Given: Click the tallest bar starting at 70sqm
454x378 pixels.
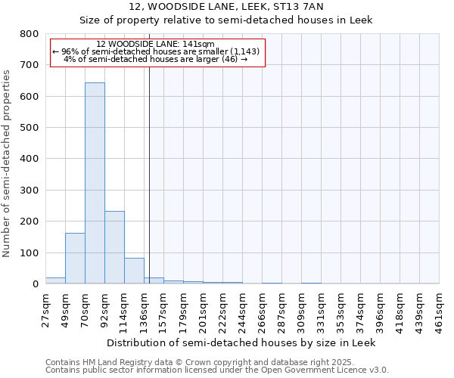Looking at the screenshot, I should (95, 183).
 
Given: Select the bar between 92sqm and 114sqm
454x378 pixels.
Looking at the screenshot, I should (114, 247).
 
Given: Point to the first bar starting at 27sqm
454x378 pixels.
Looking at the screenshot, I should (55, 280).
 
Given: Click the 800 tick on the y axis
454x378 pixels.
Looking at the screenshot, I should (30, 34).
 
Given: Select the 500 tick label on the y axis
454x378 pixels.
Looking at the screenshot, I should (30, 128).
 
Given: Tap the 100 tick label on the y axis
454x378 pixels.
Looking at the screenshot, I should (30, 253).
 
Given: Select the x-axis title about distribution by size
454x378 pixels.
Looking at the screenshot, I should (241, 342).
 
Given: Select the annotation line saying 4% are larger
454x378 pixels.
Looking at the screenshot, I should (156, 59).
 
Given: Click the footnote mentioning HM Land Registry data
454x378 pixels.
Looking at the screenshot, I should (194, 362).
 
